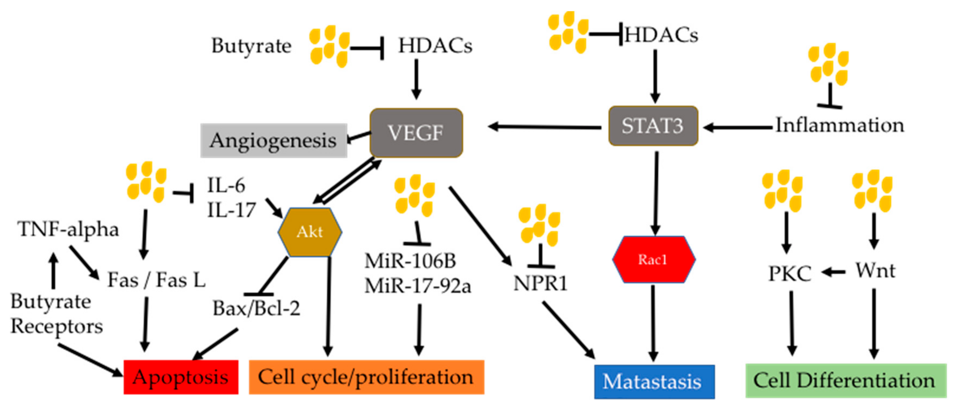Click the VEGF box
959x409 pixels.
416,133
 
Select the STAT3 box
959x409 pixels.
653,125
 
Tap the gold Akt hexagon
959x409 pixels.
310,232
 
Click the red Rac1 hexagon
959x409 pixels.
654,259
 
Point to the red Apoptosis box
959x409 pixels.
181,377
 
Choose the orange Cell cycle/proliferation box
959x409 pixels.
366,377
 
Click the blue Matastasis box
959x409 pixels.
654,382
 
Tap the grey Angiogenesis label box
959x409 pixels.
274,140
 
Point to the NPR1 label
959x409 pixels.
540,284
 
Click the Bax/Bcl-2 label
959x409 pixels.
256,308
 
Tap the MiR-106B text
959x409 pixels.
410,261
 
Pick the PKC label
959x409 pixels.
790,274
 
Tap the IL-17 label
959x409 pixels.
231,210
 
